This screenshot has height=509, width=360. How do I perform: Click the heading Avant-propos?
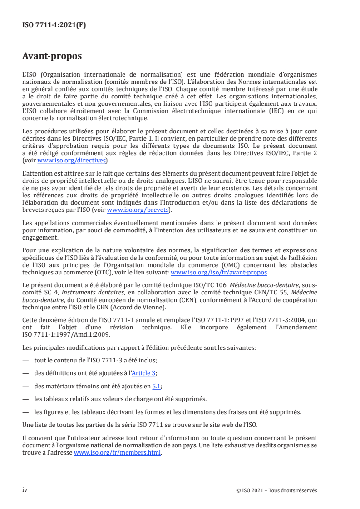(x=52, y=56)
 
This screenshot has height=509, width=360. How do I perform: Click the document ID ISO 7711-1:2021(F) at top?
(x=54, y=25)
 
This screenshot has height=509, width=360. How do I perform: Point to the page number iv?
(x=25, y=490)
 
